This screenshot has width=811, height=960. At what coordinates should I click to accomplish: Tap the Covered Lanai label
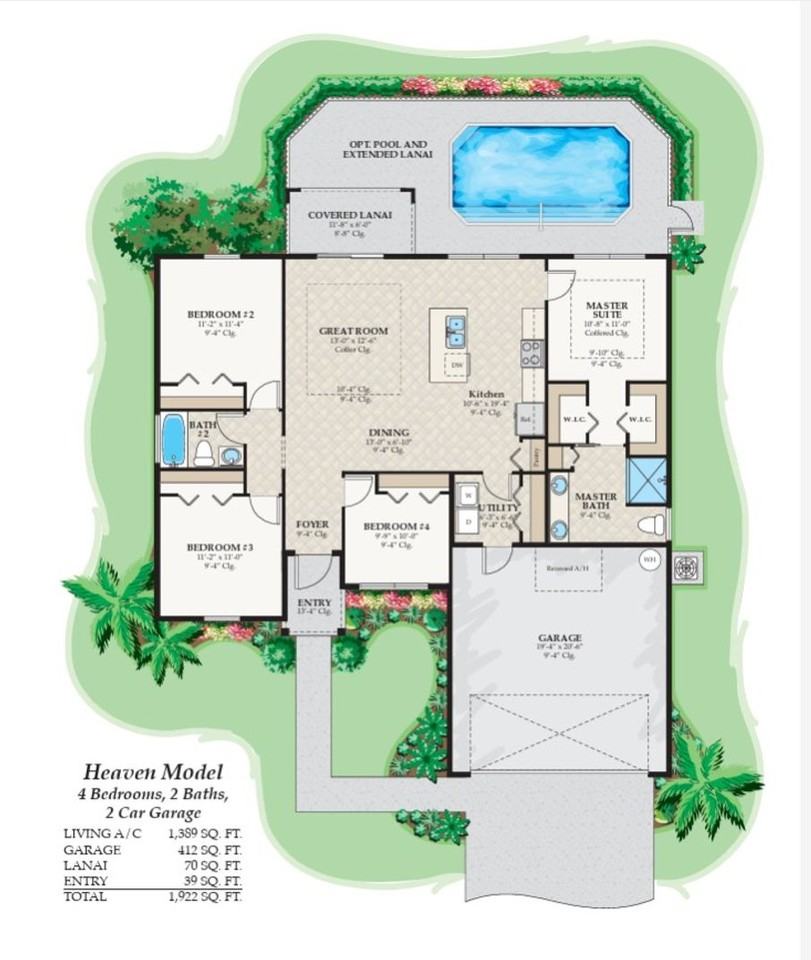pyautogui.click(x=349, y=215)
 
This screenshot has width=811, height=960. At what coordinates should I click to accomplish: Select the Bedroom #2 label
pyautogui.click(x=221, y=315)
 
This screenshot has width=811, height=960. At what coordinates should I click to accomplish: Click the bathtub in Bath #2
pyautogui.click(x=173, y=441)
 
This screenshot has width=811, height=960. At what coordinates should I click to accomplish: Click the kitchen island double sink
pyautogui.click(x=455, y=330)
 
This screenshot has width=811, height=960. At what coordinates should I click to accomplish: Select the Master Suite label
pyautogui.click(x=606, y=310)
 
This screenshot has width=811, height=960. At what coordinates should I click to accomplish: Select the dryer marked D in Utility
pyautogui.click(x=468, y=522)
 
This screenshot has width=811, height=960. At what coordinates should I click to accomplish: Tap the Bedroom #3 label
pyautogui.click(x=220, y=548)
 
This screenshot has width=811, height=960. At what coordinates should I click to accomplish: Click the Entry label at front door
pyautogui.click(x=315, y=603)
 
